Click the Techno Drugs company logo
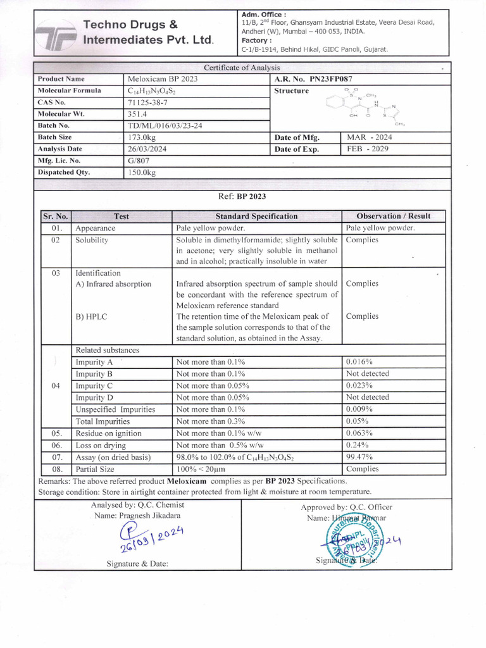55,35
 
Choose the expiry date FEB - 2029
368,149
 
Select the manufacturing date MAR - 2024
370,137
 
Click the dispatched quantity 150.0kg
142,172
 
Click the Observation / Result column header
393,216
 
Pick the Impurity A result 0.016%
359,362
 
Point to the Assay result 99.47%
359,457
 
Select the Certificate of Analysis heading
243,68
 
